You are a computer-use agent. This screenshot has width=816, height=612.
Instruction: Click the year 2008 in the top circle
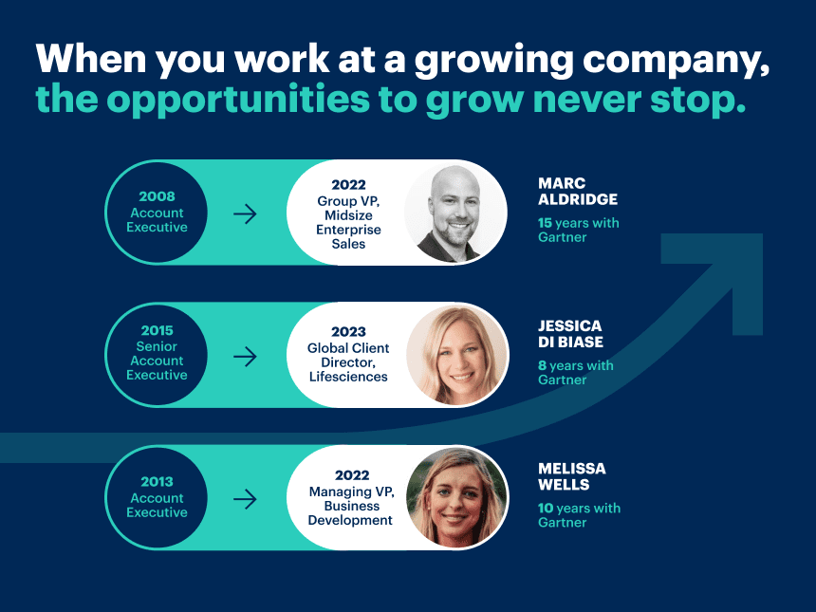[157, 196]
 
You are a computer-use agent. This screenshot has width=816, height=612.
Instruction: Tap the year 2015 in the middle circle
[157, 330]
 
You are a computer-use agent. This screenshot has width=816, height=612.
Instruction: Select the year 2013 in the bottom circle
[157, 482]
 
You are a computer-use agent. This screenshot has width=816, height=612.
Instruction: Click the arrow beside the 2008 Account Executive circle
[245, 213]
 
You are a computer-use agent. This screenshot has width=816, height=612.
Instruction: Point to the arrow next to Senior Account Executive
[245, 357]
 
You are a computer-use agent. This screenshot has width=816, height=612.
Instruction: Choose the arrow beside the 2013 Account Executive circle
[245, 499]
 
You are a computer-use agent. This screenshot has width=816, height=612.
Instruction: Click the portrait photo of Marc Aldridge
[455, 213]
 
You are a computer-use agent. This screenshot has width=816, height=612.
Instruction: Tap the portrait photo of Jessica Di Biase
[456, 356]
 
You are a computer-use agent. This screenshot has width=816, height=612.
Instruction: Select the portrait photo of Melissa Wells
[456, 498]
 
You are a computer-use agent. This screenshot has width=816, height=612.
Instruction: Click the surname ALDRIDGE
[578, 199]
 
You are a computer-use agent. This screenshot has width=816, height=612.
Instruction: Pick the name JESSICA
[570, 325]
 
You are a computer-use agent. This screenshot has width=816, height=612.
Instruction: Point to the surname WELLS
[564, 485]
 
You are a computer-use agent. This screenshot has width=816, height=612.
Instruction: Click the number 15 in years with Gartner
[545, 223]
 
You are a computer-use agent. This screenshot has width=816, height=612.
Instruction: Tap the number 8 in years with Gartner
[542, 365]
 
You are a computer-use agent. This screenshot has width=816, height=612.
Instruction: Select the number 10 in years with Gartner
[546, 508]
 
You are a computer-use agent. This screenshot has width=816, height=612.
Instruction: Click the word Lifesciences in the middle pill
[348, 377]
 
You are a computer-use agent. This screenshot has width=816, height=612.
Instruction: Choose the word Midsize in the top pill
[348, 215]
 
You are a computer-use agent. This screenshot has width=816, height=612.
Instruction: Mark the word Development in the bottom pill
[350, 520]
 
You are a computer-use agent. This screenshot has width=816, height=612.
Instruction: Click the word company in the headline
[676, 60]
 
